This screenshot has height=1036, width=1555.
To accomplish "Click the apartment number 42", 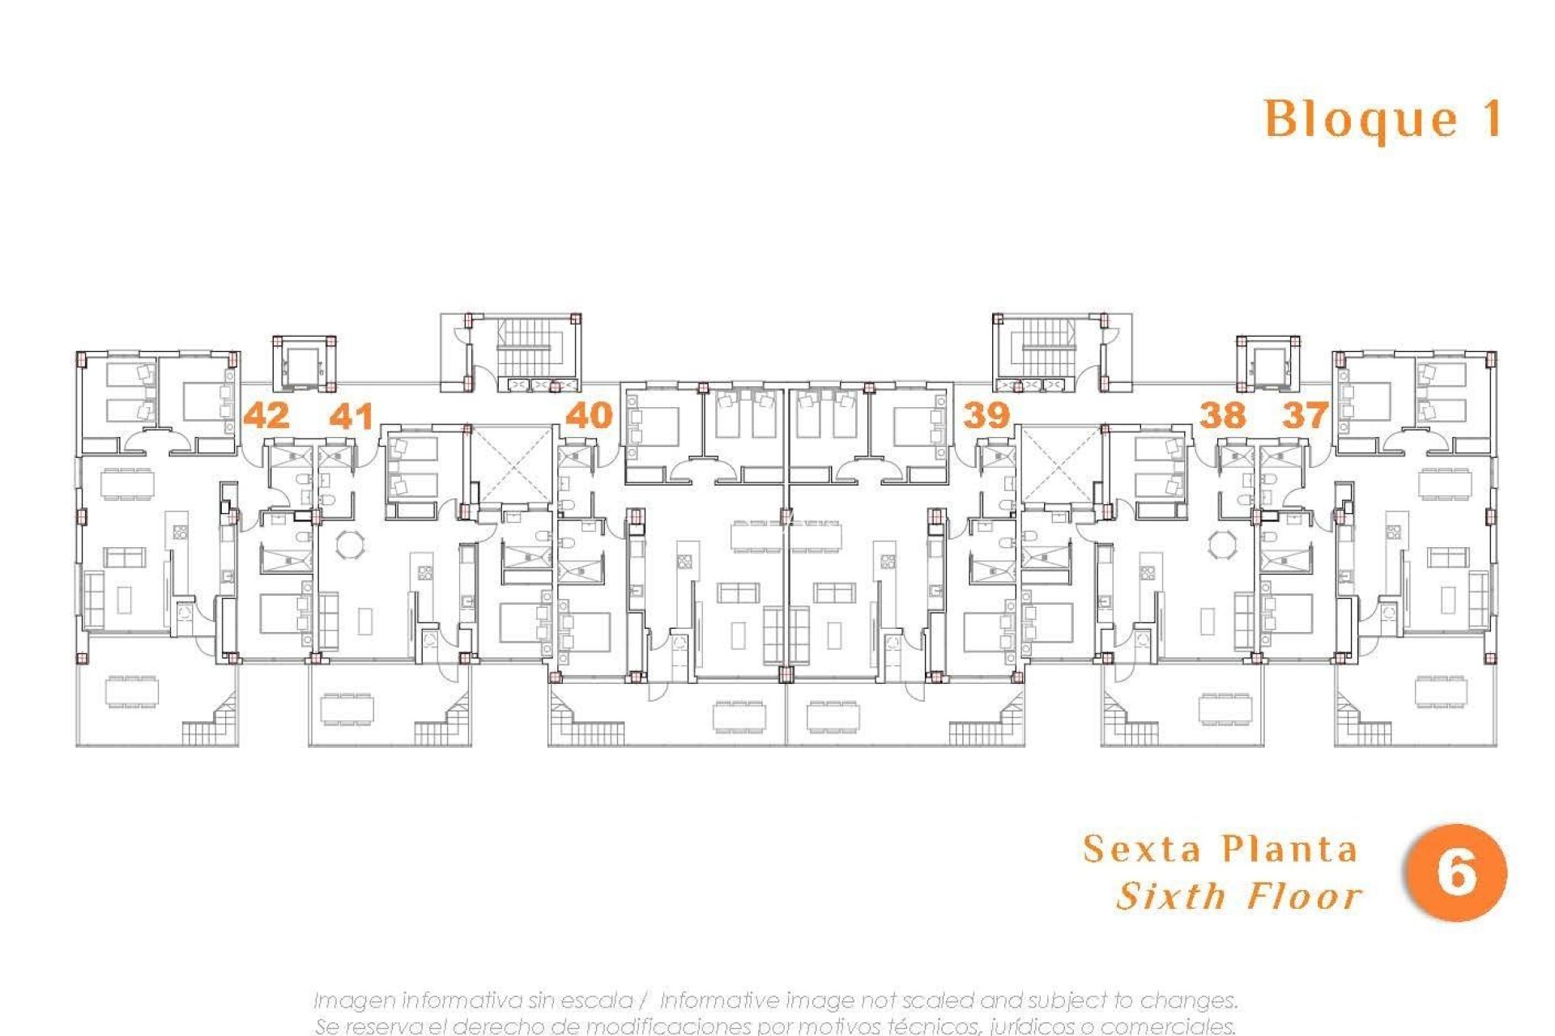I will (266, 415).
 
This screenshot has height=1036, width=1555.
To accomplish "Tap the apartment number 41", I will (351, 416).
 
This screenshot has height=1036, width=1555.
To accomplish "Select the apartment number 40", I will (589, 415).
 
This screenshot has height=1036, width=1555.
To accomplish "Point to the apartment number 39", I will (986, 415).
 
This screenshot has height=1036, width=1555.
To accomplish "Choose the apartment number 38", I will (1222, 415).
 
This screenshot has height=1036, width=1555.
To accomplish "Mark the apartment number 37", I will (1306, 415).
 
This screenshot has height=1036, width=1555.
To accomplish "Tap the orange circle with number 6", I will (1455, 873).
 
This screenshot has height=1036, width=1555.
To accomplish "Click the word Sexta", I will (1142, 849).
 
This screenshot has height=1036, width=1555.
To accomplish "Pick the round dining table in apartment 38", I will (1221, 544).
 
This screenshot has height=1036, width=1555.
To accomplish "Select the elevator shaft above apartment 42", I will (304, 364).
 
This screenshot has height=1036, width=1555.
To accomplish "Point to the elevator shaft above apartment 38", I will (1267, 364).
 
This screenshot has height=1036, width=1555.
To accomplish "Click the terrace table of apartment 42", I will (131, 692).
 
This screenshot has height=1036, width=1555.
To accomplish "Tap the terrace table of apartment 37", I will (1440, 692).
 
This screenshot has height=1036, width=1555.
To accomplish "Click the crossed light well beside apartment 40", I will (511, 466).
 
